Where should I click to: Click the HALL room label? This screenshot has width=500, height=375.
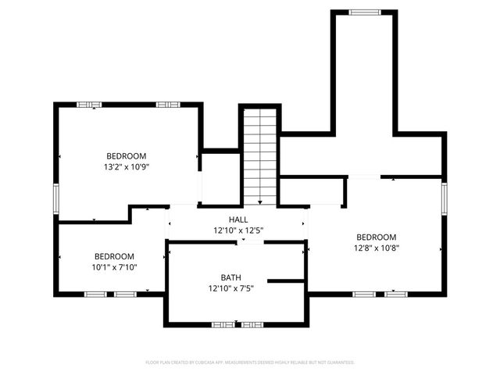(237, 220)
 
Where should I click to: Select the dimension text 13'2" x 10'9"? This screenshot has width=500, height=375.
(126, 166)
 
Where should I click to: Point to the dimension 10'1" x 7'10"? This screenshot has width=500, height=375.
(114, 266)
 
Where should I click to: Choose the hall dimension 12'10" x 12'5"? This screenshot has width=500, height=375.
(237, 230)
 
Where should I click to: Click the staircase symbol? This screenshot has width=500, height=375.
(260, 156)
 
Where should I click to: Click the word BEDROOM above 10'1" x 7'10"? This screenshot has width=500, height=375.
(114, 256)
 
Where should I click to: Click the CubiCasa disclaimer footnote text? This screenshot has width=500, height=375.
(250, 362)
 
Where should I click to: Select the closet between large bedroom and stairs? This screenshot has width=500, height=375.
(220, 178)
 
